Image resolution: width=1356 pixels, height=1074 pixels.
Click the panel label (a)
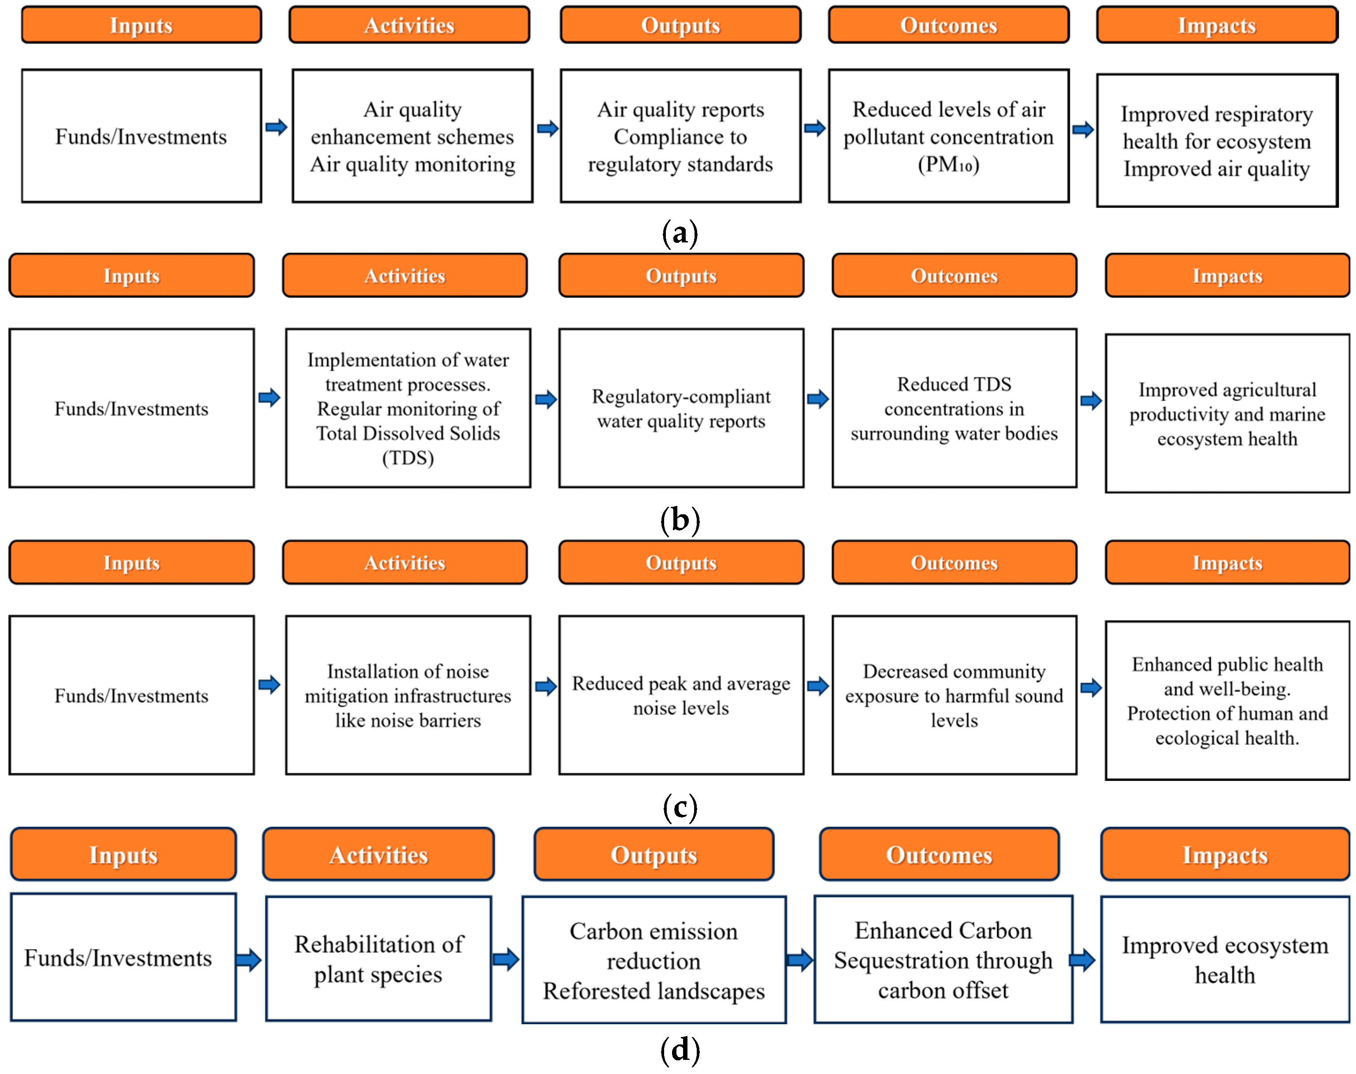tap(680, 233)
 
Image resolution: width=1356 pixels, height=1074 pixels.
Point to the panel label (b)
tap(680, 520)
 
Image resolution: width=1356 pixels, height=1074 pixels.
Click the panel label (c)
tap(680, 807)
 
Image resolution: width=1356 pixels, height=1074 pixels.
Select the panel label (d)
tap(680, 1049)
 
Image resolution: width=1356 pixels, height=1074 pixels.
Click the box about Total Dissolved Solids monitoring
tap(408, 408)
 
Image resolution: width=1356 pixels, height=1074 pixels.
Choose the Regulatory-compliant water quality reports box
tap(681, 408)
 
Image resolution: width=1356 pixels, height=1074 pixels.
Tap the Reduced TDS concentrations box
tap(954, 408)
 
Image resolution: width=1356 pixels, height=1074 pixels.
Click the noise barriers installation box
tap(408, 695)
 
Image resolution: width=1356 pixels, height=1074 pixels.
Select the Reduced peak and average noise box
tap(681, 695)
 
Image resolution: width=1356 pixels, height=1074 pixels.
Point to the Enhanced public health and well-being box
tap(1226, 700)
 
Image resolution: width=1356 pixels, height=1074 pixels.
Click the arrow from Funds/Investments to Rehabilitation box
tap(249, 959)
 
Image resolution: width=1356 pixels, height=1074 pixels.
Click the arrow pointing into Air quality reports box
tap(547, 128)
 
